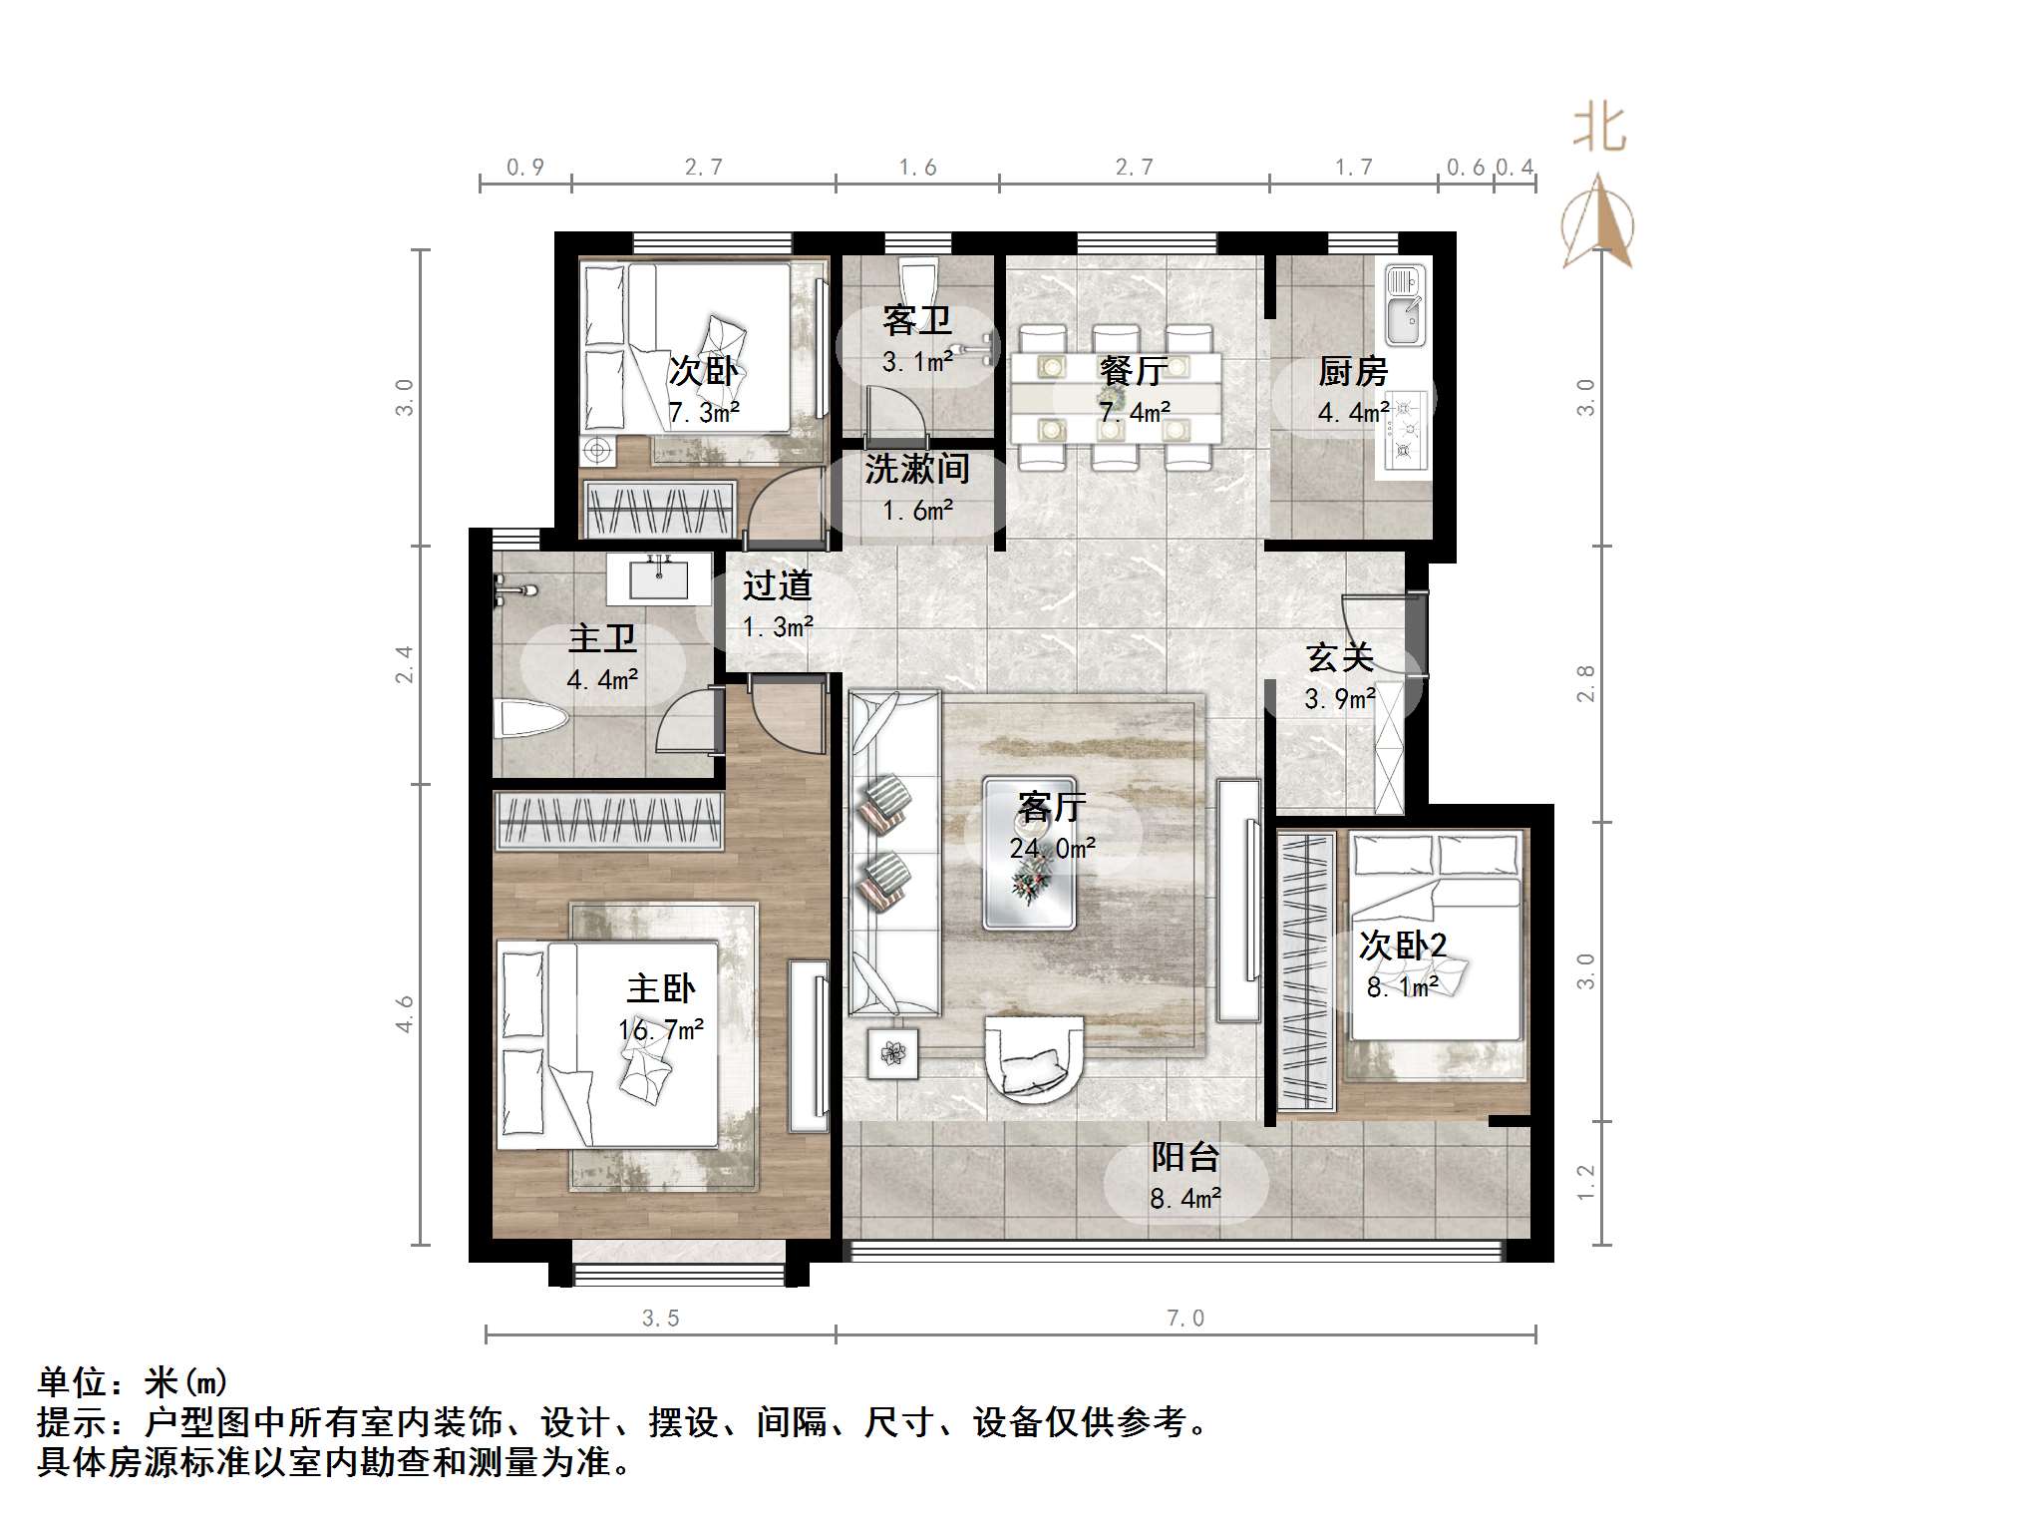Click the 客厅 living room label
tap(1052, 806)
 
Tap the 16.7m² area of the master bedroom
tap(660, 1029)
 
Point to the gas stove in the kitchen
tap(1407, 429)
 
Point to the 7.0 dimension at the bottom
tap(1185, 1319)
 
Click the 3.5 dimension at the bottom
tap(660, 1319)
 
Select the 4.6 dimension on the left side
tap(404, 1013)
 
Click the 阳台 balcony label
tap(1185, 1157)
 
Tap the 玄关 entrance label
tap(1340, 657)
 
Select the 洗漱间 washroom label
tap(916, 468)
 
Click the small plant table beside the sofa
tap(892, 1052)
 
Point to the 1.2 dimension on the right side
tap(1585, 1183)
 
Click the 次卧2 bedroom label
tap(1402, 945)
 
